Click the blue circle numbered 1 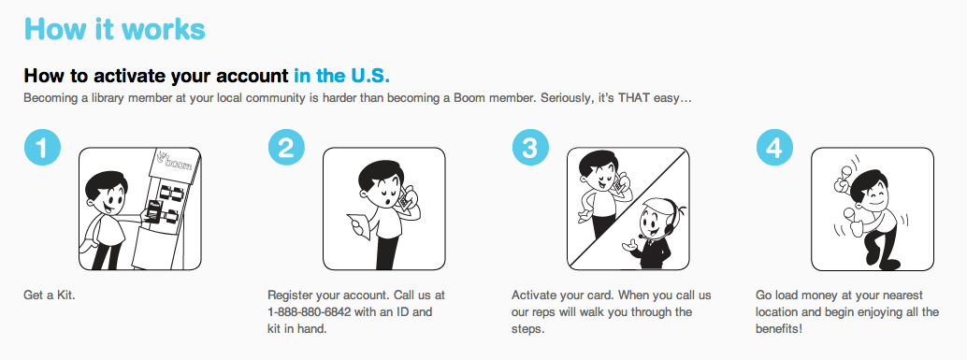[x=42, y=148]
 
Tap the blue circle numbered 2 [x=286, y=148]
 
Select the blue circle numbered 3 [x=530, y=148]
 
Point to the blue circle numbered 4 [x=774, y=148]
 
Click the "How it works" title [x=115, y=30]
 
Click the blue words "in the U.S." [x=341, y=76]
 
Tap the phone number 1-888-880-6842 [x=310, y=312]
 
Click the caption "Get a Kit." [x=50, y=295]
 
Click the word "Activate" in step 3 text [x=532, y=295]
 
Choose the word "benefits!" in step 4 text [x=779, y=328]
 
